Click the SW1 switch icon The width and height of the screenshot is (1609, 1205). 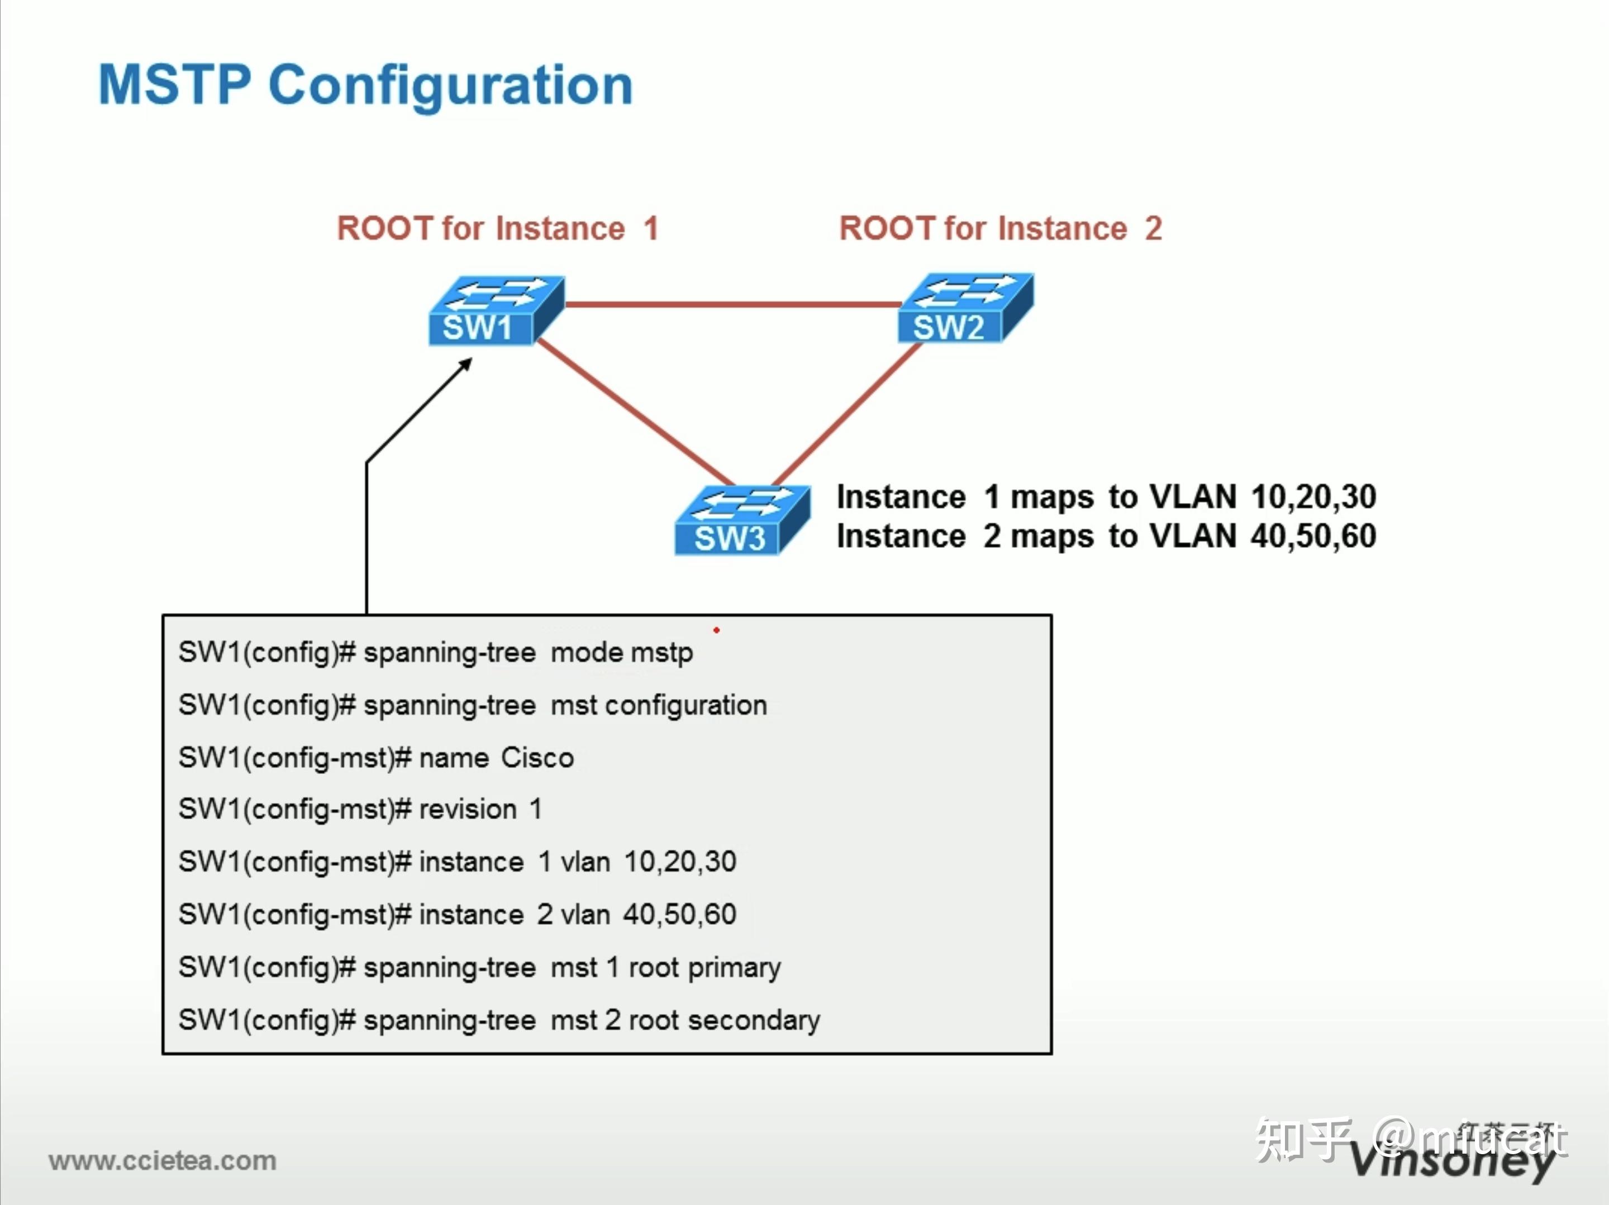click(x=496, y=310)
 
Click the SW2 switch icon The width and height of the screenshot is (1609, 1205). click(x=965, y=308)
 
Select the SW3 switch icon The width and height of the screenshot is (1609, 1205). click(x=742, y=520)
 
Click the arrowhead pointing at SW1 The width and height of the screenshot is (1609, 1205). click(x=466, y=364)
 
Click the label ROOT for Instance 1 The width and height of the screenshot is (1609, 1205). click(x=498, y=228)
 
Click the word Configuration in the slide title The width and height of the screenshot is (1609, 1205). click(x=450, y=87)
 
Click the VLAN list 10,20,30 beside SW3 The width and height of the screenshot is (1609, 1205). click(x=1313, y=498)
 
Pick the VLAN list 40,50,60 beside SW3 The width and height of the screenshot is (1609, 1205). click(x=1313, y=537)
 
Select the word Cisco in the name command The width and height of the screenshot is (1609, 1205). click(x=537, y=758)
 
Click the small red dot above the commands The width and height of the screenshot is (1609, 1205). click(x=716, y=630)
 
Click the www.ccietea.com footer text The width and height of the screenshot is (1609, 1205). click(x=163, y=1161)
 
